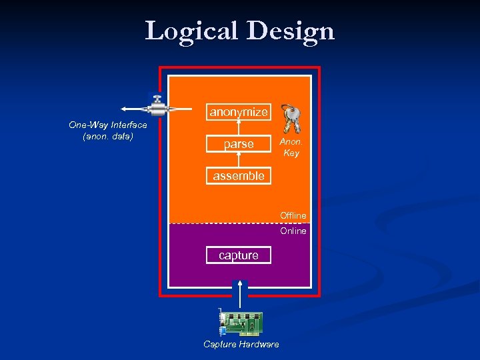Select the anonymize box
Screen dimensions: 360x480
point(239,112)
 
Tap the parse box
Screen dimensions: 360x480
point(239,144)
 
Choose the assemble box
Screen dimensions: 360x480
point(239,176)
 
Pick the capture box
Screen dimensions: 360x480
point(239,255)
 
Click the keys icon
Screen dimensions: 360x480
point(291,118)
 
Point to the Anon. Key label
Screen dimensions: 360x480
point(291,147)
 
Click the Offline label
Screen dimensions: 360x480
point(293,215)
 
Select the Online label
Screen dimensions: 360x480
point(293,231)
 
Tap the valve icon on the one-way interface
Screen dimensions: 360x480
point(157,107)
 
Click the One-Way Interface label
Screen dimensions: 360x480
point(108,125)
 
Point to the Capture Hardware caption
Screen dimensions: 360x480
point(241,344)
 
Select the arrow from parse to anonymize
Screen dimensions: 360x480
point(239,128)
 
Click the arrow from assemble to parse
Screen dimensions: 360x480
point(239,160)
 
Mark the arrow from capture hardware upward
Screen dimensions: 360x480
point(240,293)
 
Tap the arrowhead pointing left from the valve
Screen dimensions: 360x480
point(124,109)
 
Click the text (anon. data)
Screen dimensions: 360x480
point(108,136)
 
